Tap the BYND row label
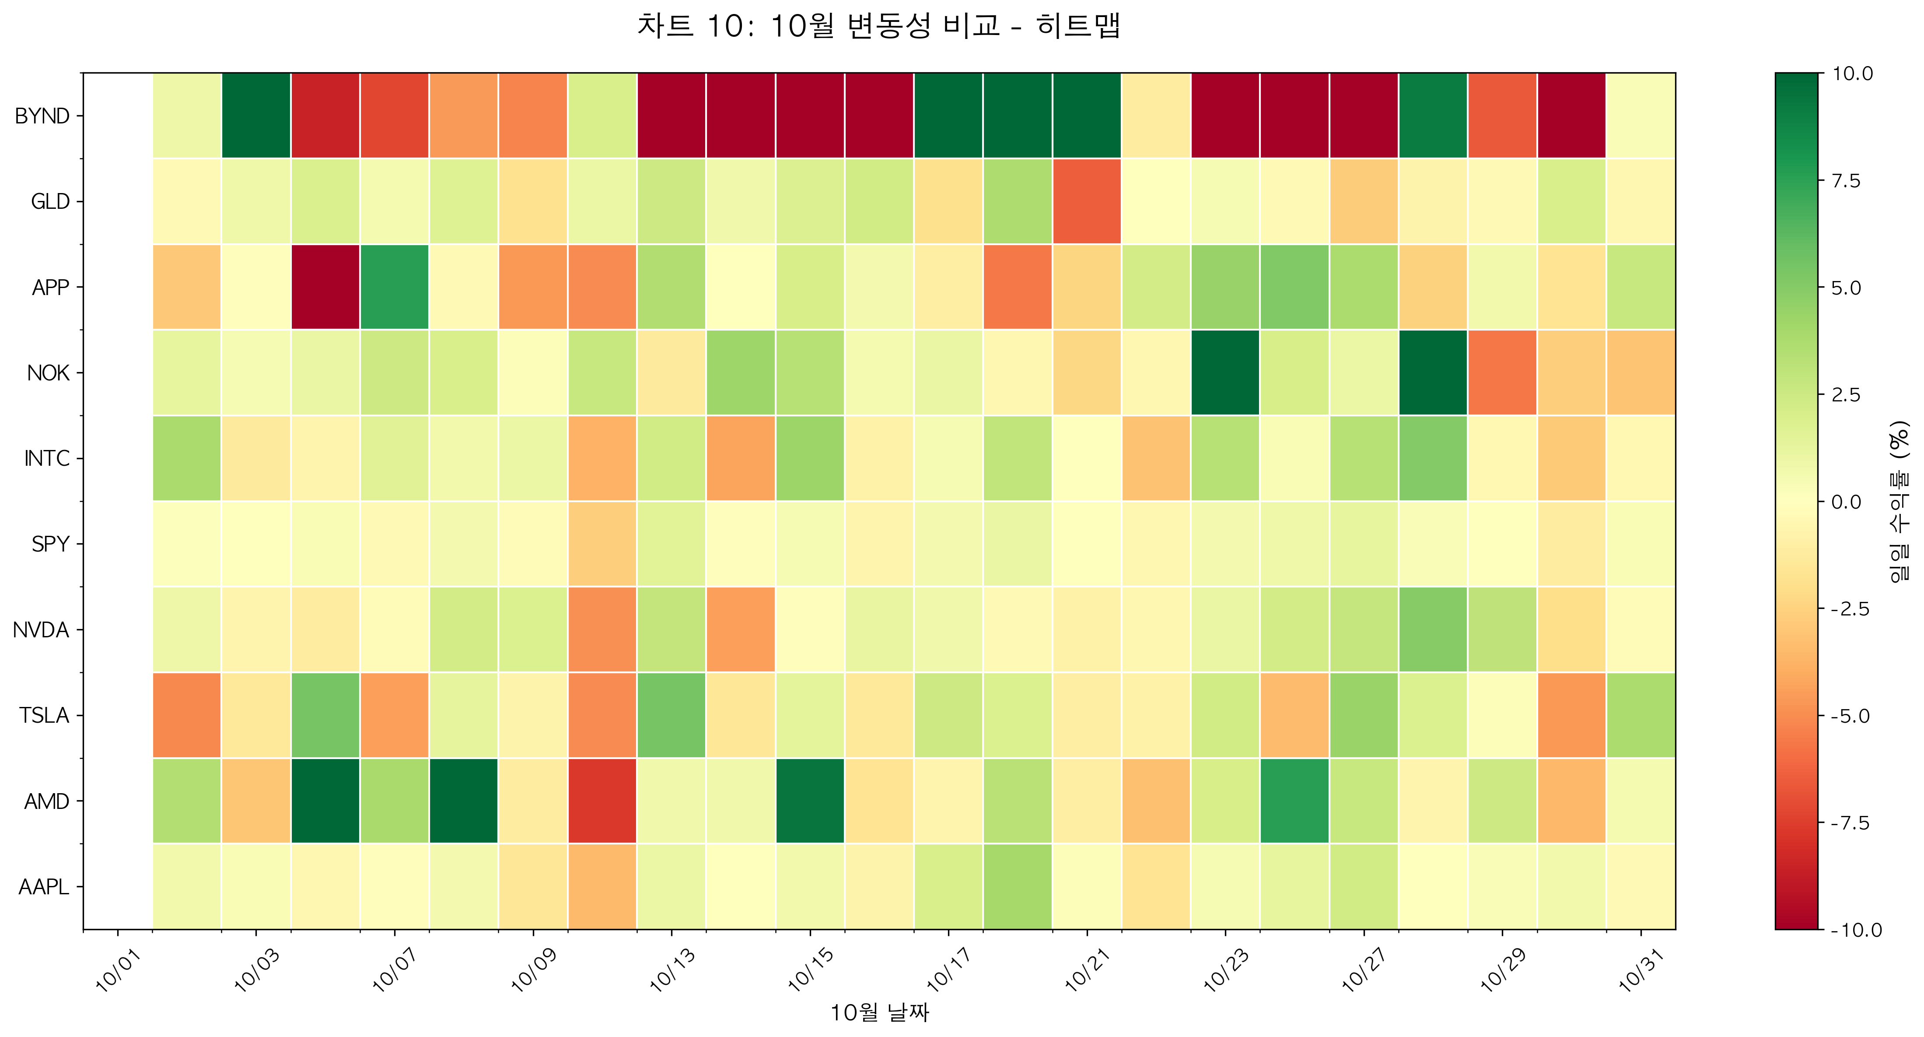pyautogui.click(x=42, y=116)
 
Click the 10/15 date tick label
pyautogui.click(x=810, y=969)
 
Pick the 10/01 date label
pyautogui.click(x=118, y=969)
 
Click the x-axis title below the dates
pyautogui.click(x=879, y=1012)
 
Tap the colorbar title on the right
pyautogui.click(x=1898, y=501)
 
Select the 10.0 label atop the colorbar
pyautogui.click(x=1852, y=73)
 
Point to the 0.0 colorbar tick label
pyautogui.click(x=1846, y=501)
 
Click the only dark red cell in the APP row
pyautogui.click(x=325, y=287)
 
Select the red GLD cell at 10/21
pyautogui.click(x=1087, y=201)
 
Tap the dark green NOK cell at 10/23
pyautogui.click(x=1225, y=372)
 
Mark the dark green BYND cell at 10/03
pyautogui.click(x=256, y=116)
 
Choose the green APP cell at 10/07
pyautogui.click(x=394, y=287)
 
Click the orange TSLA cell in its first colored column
pyautogui.click(x=187, y=715)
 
